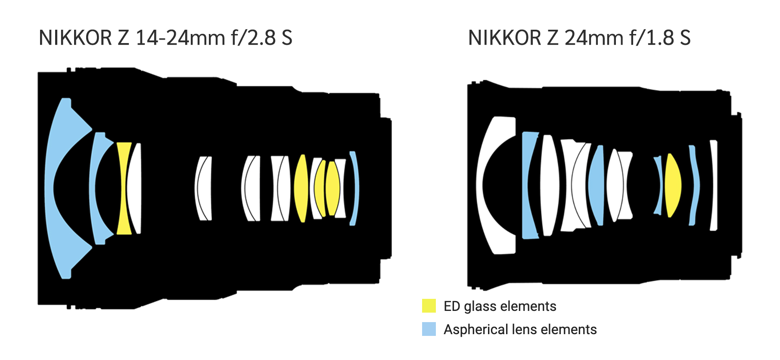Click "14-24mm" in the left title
click(x=180, y=38)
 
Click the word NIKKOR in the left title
click(x=75, y=38)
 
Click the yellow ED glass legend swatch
click(x=429, y=306)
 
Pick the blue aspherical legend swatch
click(x=429, y=329)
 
